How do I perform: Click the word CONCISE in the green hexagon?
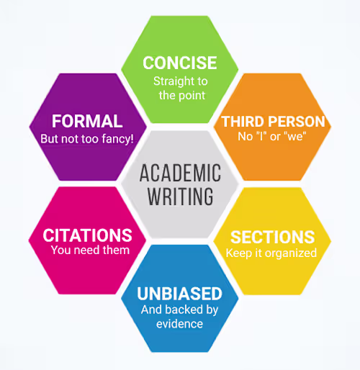tap(180, 63)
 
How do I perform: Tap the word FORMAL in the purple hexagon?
tap(87, 121)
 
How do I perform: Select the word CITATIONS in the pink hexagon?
tap(87, 235)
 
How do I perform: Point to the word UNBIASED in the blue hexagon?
tap(179, 294)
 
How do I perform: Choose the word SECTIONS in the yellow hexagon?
tap(272, 237)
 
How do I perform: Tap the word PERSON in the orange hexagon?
tap(297, 122)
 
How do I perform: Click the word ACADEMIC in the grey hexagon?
tap(180, 173)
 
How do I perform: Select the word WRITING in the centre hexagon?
tap(180, 197)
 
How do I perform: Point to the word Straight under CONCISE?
tap(171, 81)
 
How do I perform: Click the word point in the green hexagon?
tap(192, 96)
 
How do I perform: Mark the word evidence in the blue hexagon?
tap(179, 324)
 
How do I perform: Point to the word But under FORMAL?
tap(50, 139)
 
